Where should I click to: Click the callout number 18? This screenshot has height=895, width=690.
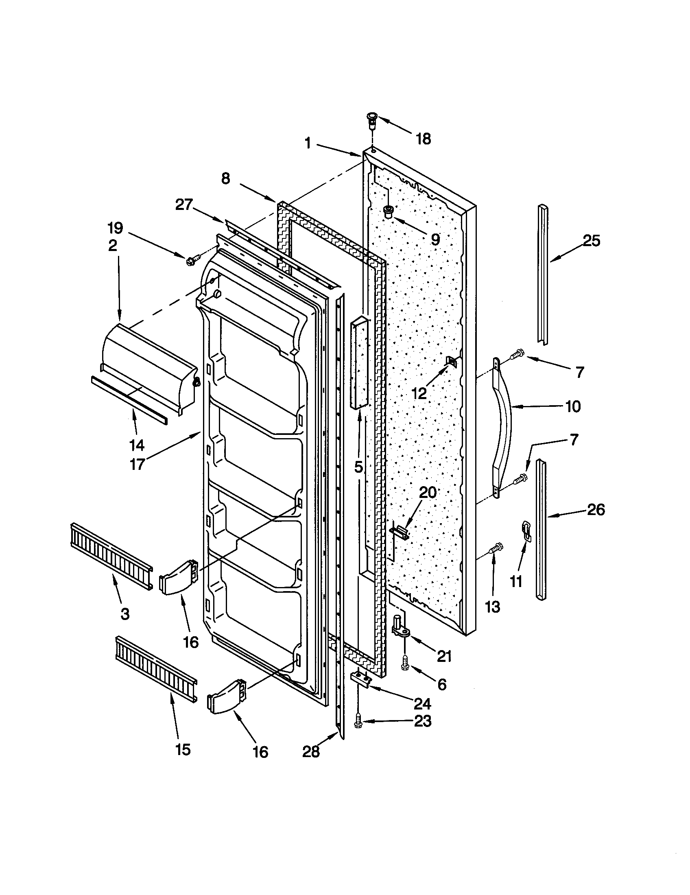coord(424,139)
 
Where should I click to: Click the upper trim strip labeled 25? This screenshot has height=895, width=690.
coord(543,274)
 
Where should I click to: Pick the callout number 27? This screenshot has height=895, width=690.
coord(184,205)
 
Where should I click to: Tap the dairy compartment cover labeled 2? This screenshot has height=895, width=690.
coord(150,360)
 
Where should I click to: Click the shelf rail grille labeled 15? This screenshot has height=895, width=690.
coord(156,668)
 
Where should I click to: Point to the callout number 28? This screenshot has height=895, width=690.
coord(310,752)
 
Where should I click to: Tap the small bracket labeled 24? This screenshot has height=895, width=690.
coord(361,681)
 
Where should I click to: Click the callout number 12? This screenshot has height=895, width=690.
coord(419,394)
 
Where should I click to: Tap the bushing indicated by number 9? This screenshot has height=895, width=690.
coord(388,212)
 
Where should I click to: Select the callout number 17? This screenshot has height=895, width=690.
coord(137,464)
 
